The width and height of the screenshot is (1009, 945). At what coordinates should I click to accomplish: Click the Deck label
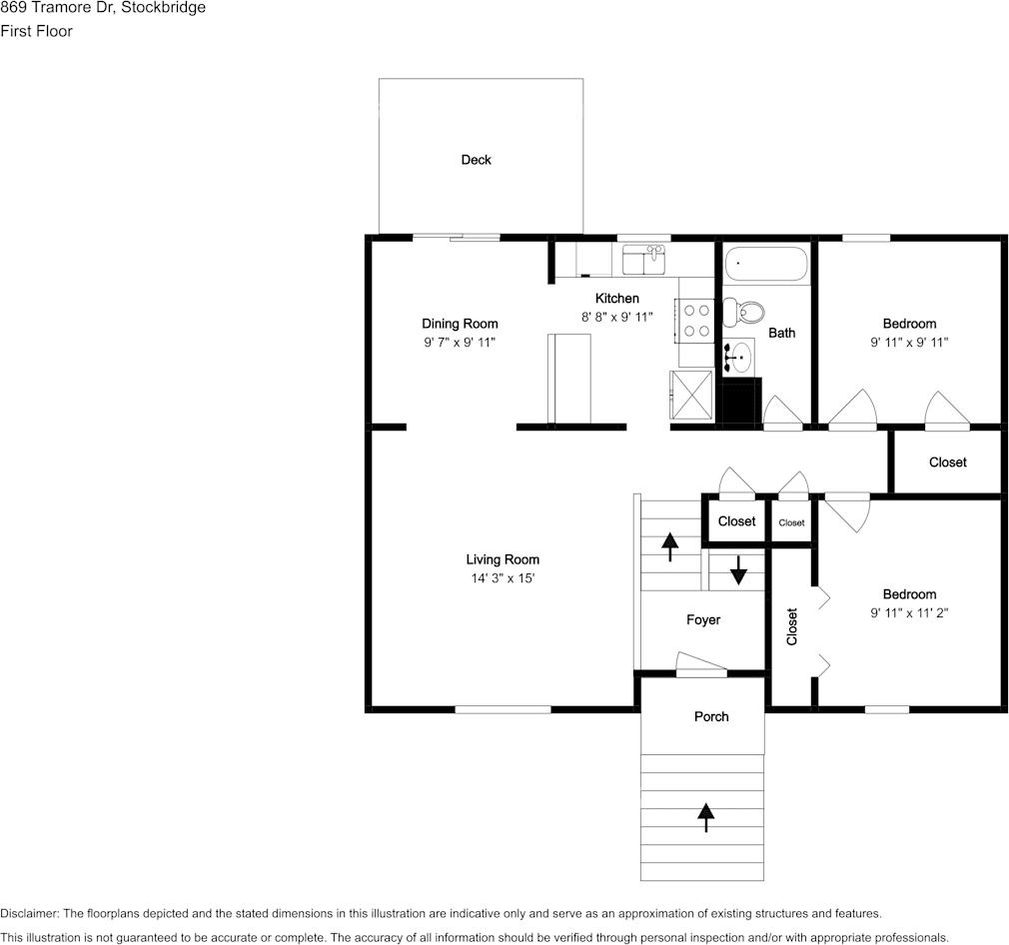pos(476,160)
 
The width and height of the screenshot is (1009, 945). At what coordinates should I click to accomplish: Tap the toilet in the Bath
pos(742,312)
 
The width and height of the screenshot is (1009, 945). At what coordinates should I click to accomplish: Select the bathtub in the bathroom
pos(765,265)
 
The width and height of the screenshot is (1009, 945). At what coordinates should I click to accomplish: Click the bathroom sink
pos(738,355)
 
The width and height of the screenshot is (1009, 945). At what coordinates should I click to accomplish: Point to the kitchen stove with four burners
pos(695,321)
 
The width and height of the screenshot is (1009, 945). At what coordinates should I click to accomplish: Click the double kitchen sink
pos(644,262)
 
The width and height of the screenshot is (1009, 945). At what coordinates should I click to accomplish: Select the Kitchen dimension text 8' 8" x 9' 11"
pos(616,318)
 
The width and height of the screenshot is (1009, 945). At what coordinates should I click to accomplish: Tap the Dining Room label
pos(460,324)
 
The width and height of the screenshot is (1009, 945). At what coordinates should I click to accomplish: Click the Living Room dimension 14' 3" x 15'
pos(503,578)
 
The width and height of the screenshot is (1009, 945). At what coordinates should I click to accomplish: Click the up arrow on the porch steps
pos(706,816)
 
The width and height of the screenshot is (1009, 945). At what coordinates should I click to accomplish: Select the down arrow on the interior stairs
pos(738,570)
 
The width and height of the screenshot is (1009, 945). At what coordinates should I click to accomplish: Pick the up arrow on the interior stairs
pos(668,547)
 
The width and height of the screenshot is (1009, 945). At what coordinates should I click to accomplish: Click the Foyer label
pos(703,620)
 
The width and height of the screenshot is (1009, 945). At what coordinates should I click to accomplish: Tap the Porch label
pos(711,717)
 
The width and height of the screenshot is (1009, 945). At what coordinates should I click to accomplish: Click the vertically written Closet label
pos(792,626)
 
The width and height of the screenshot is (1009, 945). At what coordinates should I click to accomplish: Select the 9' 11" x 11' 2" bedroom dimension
pos(909,613)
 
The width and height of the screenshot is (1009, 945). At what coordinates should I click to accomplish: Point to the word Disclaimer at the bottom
pos(29,914)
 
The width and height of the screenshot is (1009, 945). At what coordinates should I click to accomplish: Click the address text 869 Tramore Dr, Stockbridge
pos(103,8)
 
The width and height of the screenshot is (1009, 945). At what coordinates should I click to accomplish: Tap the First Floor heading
pos(36,31)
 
